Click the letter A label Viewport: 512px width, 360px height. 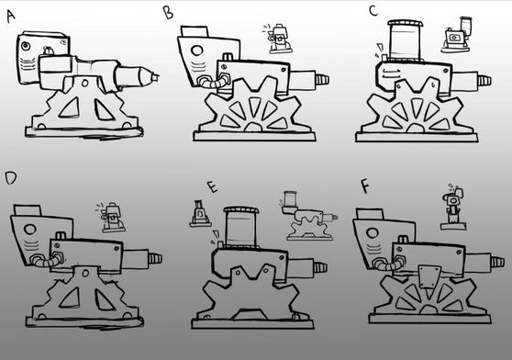point(11,16)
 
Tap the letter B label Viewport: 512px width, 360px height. point(168,14)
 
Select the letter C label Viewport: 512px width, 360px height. point(373,11)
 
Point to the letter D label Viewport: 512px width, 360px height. point(10,178)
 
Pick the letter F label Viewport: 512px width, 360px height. point(365,186)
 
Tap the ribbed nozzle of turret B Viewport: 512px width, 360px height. point(322,80)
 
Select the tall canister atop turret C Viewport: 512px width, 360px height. point(405,40)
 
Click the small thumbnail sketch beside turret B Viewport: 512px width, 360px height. point(278,39)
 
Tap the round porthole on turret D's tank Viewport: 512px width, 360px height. point(29,230)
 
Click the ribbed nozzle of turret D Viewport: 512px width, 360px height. point(155,259)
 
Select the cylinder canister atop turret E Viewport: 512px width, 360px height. point(240,227)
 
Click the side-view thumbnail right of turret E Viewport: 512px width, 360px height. point(308,216)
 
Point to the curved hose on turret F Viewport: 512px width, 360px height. point(388,264)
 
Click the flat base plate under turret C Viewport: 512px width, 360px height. point(417,137)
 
